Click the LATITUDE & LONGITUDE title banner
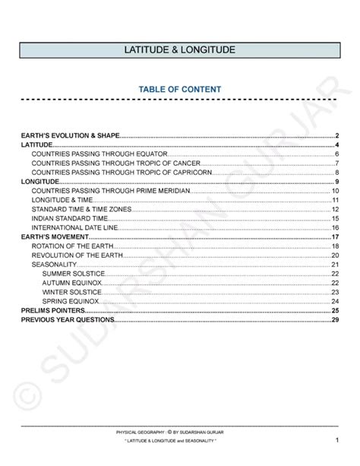coord(180,49)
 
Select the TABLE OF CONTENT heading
coord(180,89)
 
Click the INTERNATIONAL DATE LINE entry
coord(74,227)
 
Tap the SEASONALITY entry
coord(54,265)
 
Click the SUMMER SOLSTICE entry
coord(73,274)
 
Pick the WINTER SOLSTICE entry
coord(71,292)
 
